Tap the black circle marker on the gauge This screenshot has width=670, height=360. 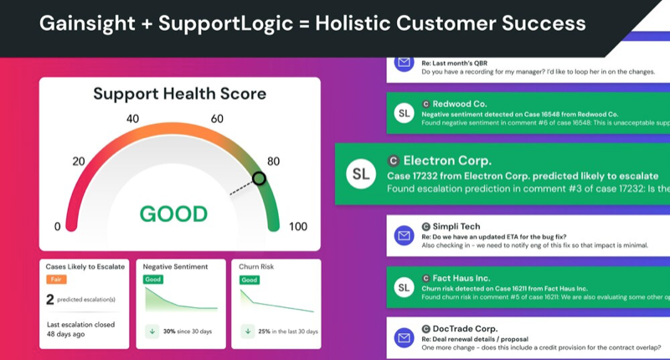coord(260,178)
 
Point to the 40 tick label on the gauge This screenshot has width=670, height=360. coord(132,119)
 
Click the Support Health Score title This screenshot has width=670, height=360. coord(179,93)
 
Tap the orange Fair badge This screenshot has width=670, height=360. coord(56,280)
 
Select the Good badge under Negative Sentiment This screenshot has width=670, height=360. coord(153,280)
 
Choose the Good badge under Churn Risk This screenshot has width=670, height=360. coord(250,280)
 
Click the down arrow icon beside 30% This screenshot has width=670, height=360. coord(152,331)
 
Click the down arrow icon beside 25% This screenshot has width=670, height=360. coord(248,331)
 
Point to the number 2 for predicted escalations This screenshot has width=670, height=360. coord(50,300)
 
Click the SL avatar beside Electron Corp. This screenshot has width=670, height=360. coord(360,174)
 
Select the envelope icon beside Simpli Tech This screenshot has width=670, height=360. coord(405,236)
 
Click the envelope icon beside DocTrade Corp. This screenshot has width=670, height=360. coord(405,337)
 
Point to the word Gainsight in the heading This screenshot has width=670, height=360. coord(80,23)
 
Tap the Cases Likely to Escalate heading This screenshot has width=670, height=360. coord(85,266)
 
